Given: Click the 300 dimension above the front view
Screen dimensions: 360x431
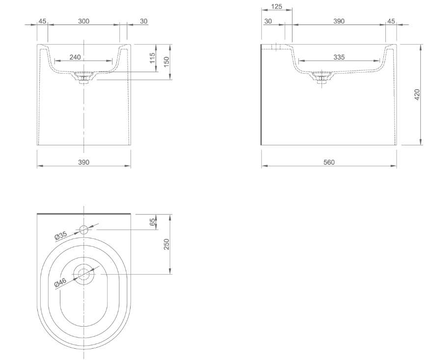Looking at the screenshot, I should pos(84,21).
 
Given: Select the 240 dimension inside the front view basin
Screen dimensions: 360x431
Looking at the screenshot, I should pos(75,57).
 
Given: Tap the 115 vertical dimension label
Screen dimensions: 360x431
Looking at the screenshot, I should pos(152,58).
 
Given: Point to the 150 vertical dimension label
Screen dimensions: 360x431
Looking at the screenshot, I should pos(166,61).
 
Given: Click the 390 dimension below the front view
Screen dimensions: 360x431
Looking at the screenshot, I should pos(84,162).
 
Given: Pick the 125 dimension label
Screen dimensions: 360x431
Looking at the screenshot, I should pos(276,6).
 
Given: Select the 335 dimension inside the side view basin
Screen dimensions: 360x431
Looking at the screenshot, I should pos(339,57).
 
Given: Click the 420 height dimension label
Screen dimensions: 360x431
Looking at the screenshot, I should pos(417,94).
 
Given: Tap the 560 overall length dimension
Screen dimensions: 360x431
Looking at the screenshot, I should pos(329,162).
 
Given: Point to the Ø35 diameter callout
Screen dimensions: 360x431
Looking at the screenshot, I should pos(61,235).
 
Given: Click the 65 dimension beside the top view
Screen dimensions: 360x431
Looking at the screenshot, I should pos(152,222).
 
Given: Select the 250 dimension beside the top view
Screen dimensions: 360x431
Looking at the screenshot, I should pos(166,244).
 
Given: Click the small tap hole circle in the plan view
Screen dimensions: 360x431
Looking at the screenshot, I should pos(84,229).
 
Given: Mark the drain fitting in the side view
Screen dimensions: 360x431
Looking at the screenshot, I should pos(322,78).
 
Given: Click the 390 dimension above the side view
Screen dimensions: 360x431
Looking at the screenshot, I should pos(339,21).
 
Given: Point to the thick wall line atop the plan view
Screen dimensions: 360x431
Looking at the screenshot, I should pos(84,214).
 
